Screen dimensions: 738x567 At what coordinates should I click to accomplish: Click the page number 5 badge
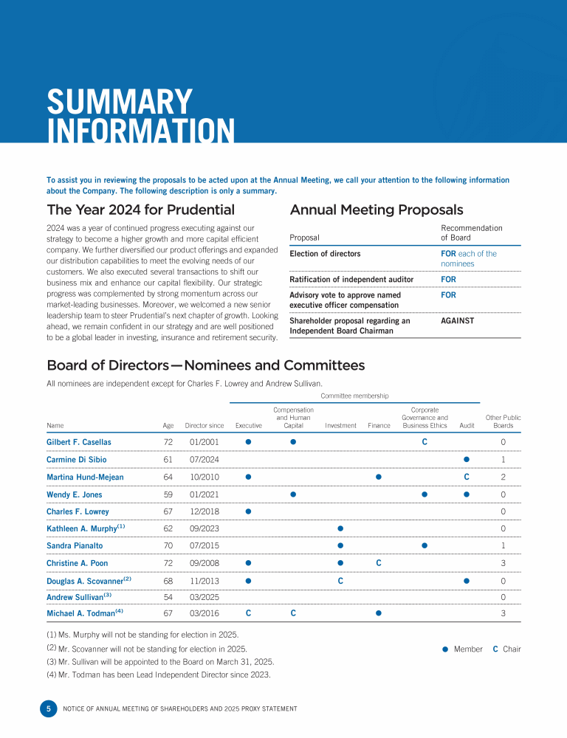point(48,708)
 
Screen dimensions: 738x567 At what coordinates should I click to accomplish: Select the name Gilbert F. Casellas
point(79,442)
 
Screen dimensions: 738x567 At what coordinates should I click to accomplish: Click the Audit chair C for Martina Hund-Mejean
point(467,477)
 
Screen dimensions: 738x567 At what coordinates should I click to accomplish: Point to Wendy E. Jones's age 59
point(168,494)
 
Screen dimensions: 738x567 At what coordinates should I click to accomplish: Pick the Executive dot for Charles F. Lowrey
point(249,511)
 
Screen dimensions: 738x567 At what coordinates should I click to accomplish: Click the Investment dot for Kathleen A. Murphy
point(340,528)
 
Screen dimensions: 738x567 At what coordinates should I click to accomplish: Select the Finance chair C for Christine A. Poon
point(379,563)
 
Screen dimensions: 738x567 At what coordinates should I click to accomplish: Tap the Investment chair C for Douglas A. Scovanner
point(340,581)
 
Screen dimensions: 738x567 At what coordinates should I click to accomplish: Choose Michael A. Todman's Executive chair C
point(249,613)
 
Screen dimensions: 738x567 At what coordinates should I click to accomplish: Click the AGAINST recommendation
point(458,321)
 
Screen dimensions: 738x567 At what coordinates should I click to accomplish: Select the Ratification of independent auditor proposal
point(351,280)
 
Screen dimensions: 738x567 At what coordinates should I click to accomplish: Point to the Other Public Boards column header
point(503,421)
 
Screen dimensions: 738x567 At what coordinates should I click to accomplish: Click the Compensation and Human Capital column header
point(293,417)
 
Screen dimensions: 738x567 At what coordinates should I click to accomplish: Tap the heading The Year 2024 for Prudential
point(140,210)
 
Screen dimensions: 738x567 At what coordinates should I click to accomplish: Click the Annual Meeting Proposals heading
point(377,210)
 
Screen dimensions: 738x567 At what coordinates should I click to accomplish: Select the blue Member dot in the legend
point(445,649)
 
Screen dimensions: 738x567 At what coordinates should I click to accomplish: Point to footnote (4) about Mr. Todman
point(159,674)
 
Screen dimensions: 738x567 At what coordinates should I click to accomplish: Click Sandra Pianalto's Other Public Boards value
point(503,546)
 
